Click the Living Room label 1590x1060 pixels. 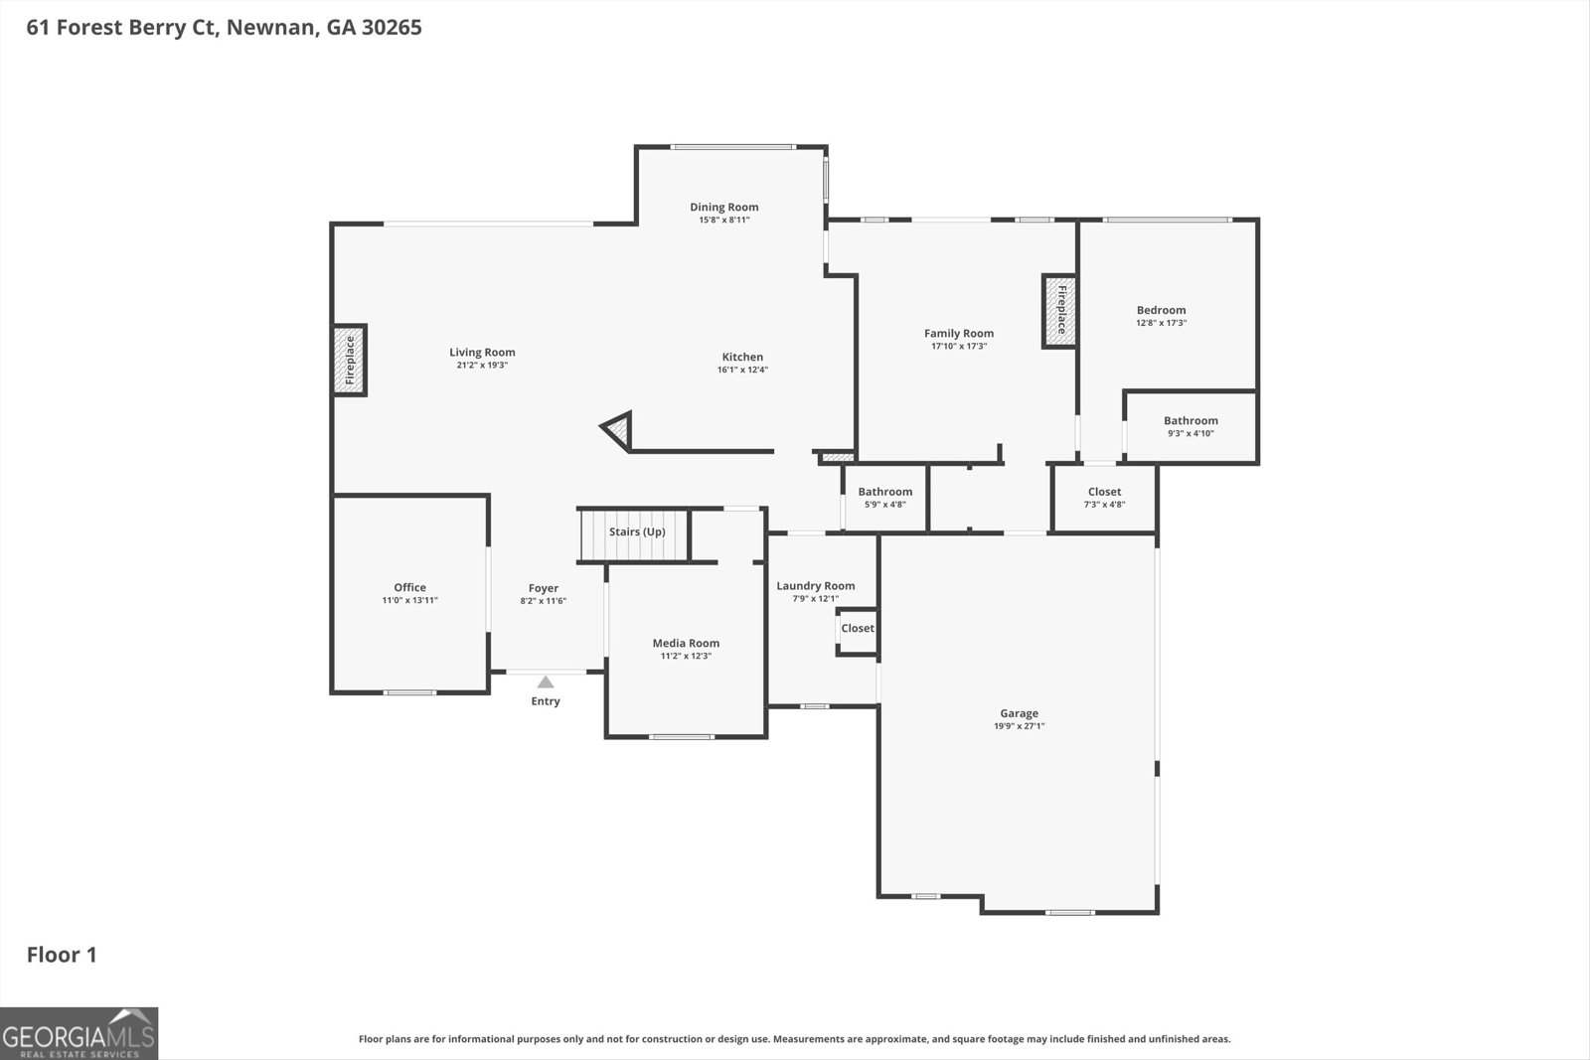coord(482,353)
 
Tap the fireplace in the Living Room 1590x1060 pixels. coord(349,360)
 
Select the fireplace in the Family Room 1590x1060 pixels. coord(1059,311)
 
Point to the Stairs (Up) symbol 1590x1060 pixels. coord(635,533)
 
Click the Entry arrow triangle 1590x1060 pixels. coord(546,681)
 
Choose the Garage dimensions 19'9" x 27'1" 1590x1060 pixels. coord(1019,726)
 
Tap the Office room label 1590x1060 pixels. coord(409,587)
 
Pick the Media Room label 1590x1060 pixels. coord(686,643)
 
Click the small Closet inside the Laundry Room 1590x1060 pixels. coord(858,629)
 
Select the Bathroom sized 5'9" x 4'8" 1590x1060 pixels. coord(884,498)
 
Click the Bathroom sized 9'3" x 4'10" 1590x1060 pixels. coord(1191,427)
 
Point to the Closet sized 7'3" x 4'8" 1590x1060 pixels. coord(1104,498)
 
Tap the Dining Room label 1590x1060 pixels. coord(723,207)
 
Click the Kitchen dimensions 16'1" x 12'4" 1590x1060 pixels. coord(742,371)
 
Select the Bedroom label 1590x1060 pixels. coord(1161,310)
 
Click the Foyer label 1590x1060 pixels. coord(544,588)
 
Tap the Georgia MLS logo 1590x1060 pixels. coord(79,1033)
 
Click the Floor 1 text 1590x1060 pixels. coord(62,955)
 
